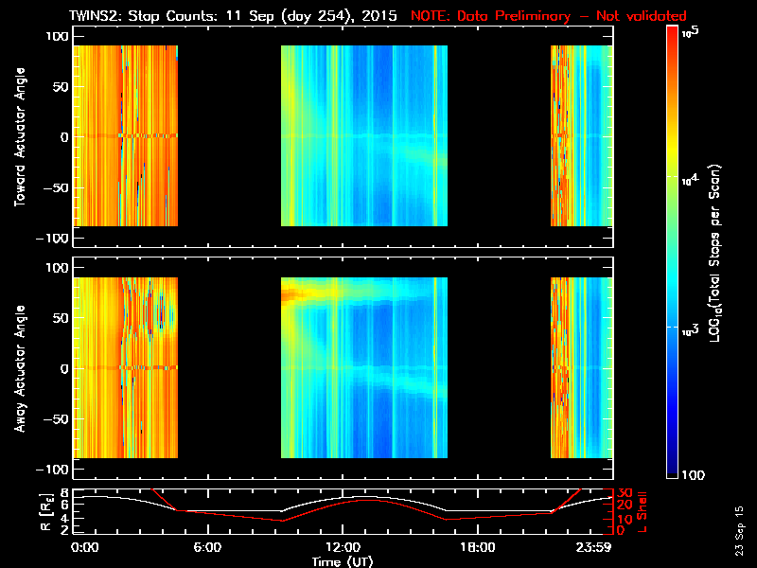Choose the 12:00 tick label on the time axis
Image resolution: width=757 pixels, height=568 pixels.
343,547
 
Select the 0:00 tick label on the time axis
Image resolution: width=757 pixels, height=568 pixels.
84,547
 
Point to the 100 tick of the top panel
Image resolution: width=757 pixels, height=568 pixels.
57,35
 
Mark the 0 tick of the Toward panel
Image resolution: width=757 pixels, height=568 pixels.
63,136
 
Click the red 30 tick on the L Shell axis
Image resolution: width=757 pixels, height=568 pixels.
625,493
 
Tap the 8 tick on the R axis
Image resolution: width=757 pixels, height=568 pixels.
65,493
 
